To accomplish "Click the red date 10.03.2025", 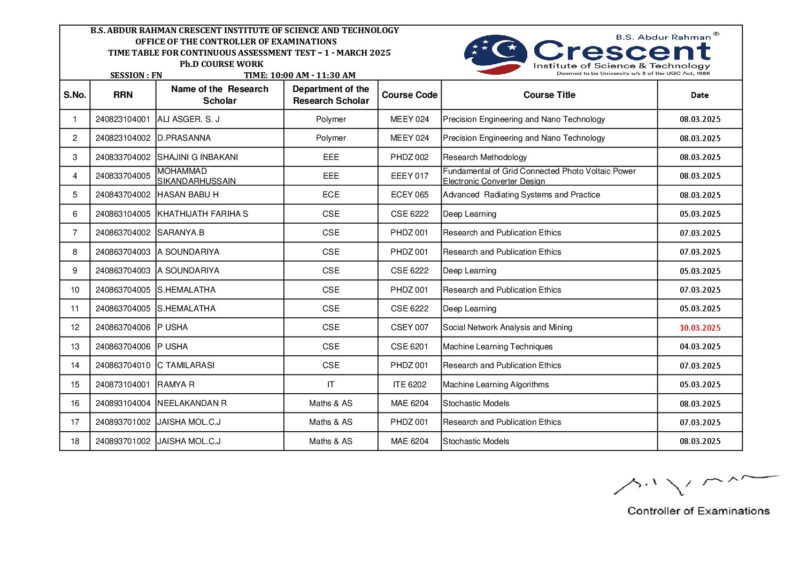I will pyautogui.click(x=699, y=327).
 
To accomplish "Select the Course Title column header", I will pyautogui.click(x=549, y=95).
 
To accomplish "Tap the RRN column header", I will pyautogui.click(x=122, y=95).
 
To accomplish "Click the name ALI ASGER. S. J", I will pyautogui.click(x=188, y=119).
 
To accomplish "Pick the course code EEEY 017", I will pyautogui.click(x=410, y=176).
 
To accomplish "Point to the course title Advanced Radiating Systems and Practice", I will pyautogui.click(x=521, y=195).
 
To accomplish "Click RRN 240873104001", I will pyautogui.click(x=122, y=384).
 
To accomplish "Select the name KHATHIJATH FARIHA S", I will pyautogui.click(x=203, y=214).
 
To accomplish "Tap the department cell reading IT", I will pyautogui.click(x=330, y=384).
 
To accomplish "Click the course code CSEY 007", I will pyautogui.click(x=410, y=327).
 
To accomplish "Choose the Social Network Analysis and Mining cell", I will pyautogui.click(x=507, y=327).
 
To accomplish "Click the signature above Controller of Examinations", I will pyautogui.click(x=695, y=484).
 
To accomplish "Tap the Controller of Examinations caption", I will pyautogui.click(x=698, y=511).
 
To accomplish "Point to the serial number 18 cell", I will pyautogui.click(x=75, y=441).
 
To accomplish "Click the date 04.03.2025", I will pyautogui.click(x=699, y=347).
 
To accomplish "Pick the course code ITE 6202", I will pyautogui.click(x=410, y=384).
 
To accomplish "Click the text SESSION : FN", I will pyautogui.click(x=136, y=75).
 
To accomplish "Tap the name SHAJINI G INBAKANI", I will pyautogui.click(x=197, y=157).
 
